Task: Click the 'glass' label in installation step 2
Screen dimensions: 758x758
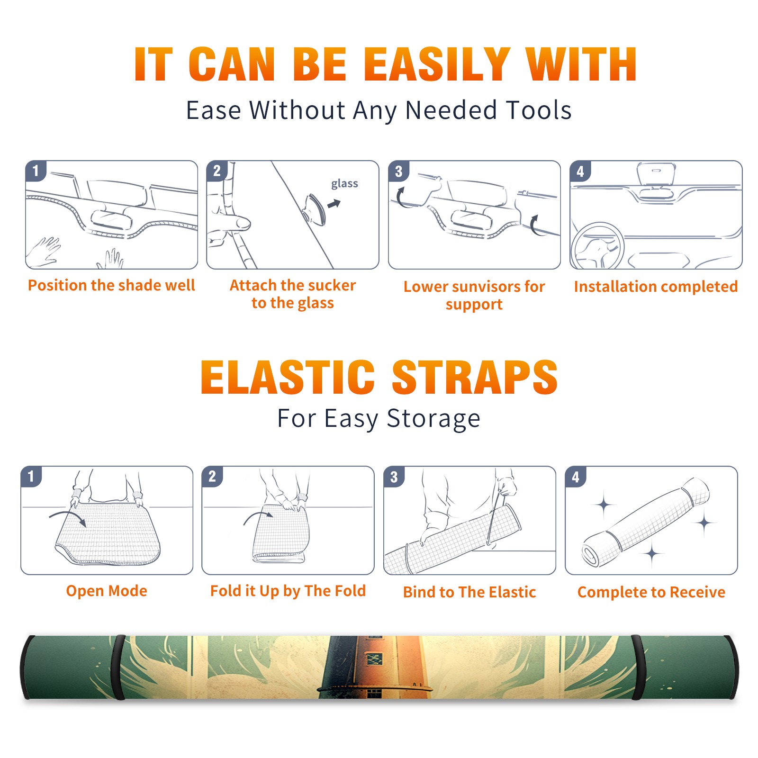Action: point(344,184)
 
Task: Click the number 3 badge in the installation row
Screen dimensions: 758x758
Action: point(398,171)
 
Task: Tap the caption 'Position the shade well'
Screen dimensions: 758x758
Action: point(111,285)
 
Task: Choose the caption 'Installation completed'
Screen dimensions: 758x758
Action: point(656,287)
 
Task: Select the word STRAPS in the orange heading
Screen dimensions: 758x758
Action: point(475,377)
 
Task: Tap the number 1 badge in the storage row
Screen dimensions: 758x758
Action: point(31,476)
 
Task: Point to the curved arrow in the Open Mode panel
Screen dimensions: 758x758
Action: point(68,517)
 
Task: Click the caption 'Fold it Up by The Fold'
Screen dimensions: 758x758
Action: point(288,591)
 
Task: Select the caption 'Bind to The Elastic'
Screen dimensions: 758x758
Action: point(469,592)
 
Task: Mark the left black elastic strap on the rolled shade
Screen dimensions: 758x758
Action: point(119,667)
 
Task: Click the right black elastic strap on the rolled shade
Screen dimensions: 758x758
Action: point(637,667)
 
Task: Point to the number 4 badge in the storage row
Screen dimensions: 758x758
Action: point(576,477)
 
